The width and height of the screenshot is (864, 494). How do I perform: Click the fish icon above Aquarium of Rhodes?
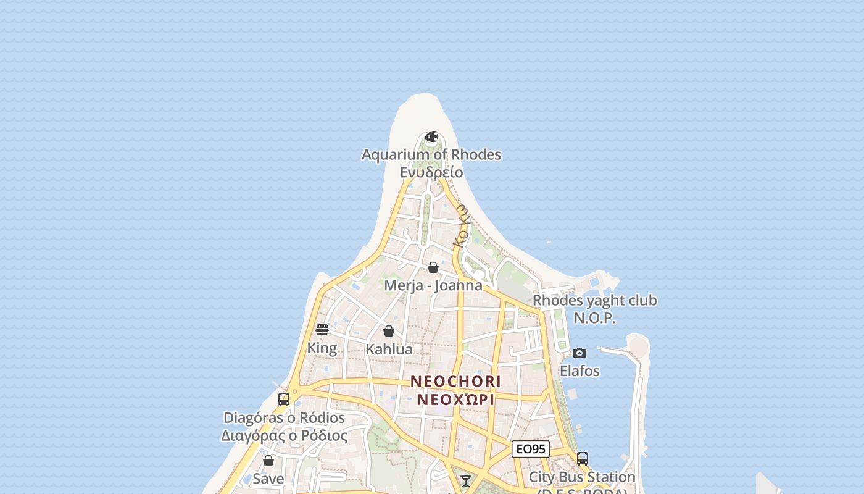tap(432, 136)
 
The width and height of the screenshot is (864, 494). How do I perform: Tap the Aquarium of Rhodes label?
tap(431, 154)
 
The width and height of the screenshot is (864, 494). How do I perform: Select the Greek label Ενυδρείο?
tap(431, 172)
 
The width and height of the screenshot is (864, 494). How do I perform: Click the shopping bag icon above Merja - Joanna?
tap(433, 267)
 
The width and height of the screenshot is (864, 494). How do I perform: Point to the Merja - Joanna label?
tap(433, 285)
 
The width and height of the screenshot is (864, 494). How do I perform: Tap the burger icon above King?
tap(322, 330)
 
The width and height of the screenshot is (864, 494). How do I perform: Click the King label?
tap(322, 348)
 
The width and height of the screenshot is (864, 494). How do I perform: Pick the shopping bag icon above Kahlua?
tap(389, 331)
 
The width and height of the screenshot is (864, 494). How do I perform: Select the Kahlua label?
tap(389, 349)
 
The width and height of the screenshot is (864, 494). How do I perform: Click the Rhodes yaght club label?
tap(595, 301)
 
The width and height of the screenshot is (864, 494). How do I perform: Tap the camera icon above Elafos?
tap(579, 353)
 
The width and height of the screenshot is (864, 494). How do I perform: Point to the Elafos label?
tap(579, 371)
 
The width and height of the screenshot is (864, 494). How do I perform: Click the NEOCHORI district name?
tap(455, 381)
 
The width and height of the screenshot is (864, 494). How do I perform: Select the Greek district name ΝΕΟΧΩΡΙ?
tap(455, 399)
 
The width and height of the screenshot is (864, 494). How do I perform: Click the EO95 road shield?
tap(531, 449)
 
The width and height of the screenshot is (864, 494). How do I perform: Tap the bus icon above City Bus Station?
tap(582, 459)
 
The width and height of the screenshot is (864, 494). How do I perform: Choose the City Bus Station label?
tap(582, 477)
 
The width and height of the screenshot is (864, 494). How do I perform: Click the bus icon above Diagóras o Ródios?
tap(284, 400)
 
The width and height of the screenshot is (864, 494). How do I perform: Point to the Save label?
tap(268, 479)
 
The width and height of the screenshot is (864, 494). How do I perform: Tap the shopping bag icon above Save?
tap(268, 461)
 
